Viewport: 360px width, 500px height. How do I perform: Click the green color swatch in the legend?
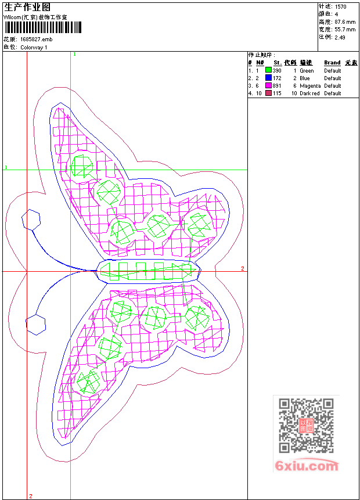268,70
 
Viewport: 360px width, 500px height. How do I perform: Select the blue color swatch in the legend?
268,78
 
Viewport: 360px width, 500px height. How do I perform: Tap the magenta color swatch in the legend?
268,86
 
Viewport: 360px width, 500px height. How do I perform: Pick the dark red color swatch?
268,93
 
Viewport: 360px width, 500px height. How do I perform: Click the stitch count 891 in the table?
277,86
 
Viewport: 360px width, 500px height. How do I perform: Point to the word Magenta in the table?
310,86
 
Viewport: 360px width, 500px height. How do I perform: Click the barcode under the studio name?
43,27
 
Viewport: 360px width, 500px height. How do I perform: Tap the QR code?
306,426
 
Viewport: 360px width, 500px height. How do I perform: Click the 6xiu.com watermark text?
307,466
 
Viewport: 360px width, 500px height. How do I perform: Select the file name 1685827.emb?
37,39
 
